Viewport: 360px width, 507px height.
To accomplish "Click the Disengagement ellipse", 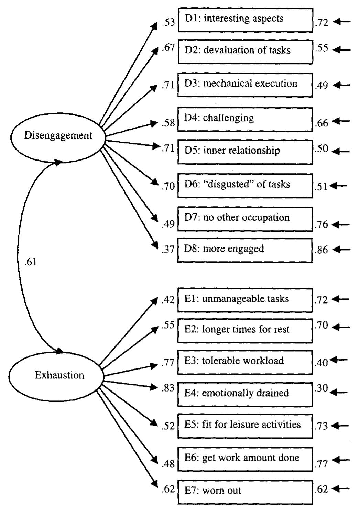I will [58, 136].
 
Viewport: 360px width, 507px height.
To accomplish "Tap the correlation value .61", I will [31, 262].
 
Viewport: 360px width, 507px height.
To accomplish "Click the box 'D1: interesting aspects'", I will [245, 20].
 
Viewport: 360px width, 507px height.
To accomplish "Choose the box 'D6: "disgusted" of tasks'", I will [245, 186].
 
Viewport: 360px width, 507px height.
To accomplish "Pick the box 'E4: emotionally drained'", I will [245, 394].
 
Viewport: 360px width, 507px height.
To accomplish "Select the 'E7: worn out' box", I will [245, 492].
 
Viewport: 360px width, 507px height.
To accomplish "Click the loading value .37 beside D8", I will [168, 249].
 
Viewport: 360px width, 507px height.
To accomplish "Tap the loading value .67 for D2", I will [168, 48].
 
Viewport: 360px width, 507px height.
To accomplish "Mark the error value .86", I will [321, 250].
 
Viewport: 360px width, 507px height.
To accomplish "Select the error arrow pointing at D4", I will [342, 121].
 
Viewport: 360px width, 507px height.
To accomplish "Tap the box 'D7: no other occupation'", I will [245, 219].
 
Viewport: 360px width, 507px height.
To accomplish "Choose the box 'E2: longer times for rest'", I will [245, 331].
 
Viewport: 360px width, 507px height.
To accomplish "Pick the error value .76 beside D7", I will [321, 225].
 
